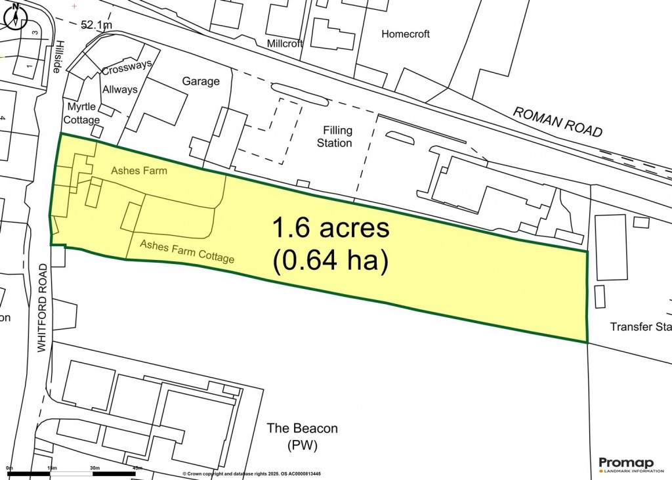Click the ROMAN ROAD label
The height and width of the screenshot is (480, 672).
pyautogui.click(x=557, y=122)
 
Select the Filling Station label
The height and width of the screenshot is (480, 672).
pyautogui.click(x=334, y=137)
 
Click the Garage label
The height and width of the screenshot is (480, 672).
pyautogui.click(x=201, y=81)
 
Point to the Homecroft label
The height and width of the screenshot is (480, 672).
pyautogui.click(x=406, y=34)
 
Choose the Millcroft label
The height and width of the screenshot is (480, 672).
pyautogui.click(x=285, y=44)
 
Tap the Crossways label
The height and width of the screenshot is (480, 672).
pyautogui.click(x=127, y=68)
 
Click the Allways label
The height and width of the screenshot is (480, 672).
pyautogui.click(x=119, y=89)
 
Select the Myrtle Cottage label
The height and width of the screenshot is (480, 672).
pyautogui.click(x=81, y=114)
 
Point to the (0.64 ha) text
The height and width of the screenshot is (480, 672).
pyautogui.click(x=331, y=261)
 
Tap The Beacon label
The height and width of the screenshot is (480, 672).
pyautogui.click(x=302, y=429)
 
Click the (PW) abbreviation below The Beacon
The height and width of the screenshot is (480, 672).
pyautogui.click(x=302, y=447)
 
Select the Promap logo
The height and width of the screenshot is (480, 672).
pyautogui.click(x=630, y=464)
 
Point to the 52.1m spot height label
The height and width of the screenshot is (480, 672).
pyautogui.click(x=96, y=26)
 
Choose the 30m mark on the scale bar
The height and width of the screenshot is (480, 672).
pyautogui.click(x=94, y=468)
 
